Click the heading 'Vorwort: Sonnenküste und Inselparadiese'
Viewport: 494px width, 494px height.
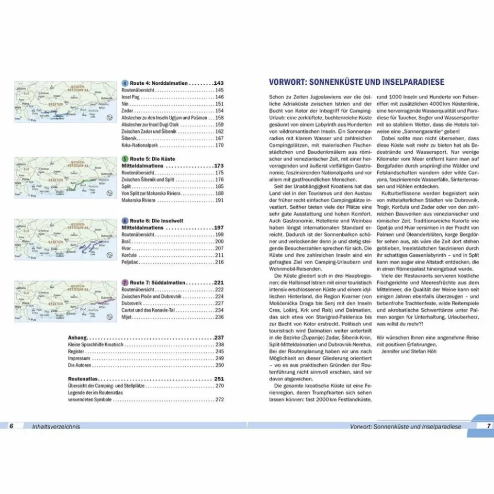[356, 82]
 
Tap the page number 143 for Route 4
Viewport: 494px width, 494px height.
[218, 83]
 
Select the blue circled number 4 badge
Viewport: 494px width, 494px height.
[125, 83]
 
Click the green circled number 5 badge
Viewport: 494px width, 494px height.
[125, 159]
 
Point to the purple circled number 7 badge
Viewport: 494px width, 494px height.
[125, 282]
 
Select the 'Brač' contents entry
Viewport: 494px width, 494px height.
[125, 241]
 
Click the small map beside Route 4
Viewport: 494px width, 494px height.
[65, 102]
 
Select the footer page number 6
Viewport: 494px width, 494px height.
[10, 426]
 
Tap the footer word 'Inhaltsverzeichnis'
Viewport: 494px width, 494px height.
[55, 426]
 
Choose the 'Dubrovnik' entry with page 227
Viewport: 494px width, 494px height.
[133, 303]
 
